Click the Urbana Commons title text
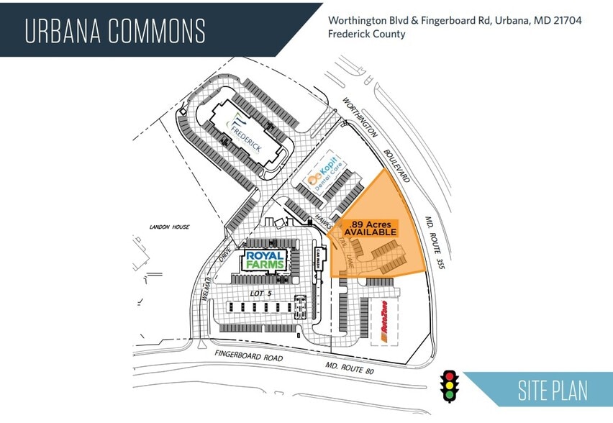coord(115,31)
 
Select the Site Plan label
coord(552,391)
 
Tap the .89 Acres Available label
coord(370,227)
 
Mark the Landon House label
coord(171,227)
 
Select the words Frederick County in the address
coord(366,35)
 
